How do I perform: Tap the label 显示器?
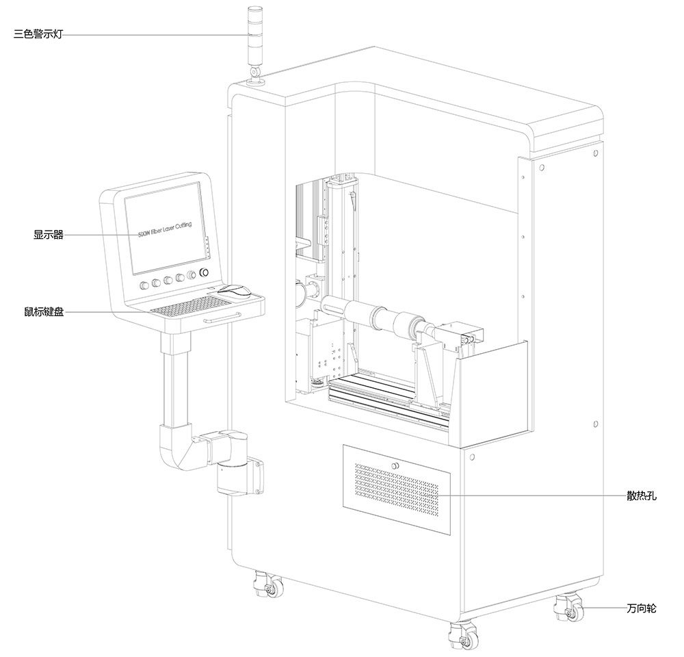click(x=49, y=235)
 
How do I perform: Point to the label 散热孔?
click(x=641, y=495)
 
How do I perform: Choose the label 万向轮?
click(x=641, y=608)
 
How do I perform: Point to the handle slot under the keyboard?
click(x=222, y=316)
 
